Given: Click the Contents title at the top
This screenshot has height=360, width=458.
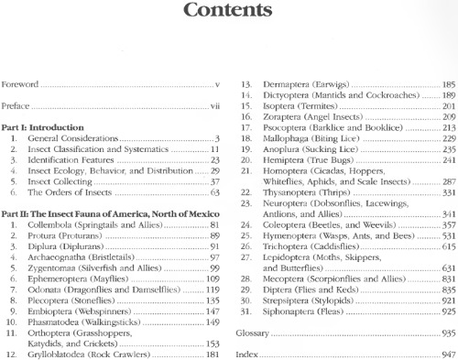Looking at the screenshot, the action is tap(228, 12).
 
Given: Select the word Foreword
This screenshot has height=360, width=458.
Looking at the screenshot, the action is tap(20, 84).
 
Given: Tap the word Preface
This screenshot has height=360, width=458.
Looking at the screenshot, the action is tap(17, 106).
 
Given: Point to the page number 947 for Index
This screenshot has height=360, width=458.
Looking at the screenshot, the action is tap(448, 354).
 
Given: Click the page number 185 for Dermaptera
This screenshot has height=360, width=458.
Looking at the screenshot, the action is tap(448, 84).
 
